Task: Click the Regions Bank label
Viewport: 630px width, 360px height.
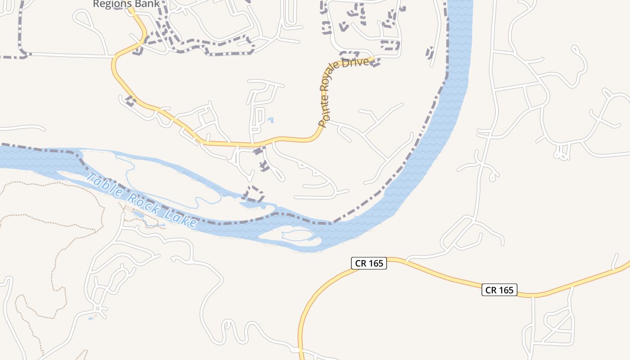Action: [x=126, y=4]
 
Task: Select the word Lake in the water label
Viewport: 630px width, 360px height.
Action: [x=181, y=218]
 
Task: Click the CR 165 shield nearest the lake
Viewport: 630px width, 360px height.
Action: [x=369, y=263]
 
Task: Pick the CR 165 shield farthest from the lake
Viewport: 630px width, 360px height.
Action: [x=499, y=290]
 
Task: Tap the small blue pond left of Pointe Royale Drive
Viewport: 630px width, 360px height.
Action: [x=270, y=120]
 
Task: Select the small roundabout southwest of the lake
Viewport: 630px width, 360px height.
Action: [x=98, y=309]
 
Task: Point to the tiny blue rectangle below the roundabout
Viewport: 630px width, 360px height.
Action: [x=91, y=318]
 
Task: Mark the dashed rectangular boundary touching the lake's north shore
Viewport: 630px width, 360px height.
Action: [x=253, y=194]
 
